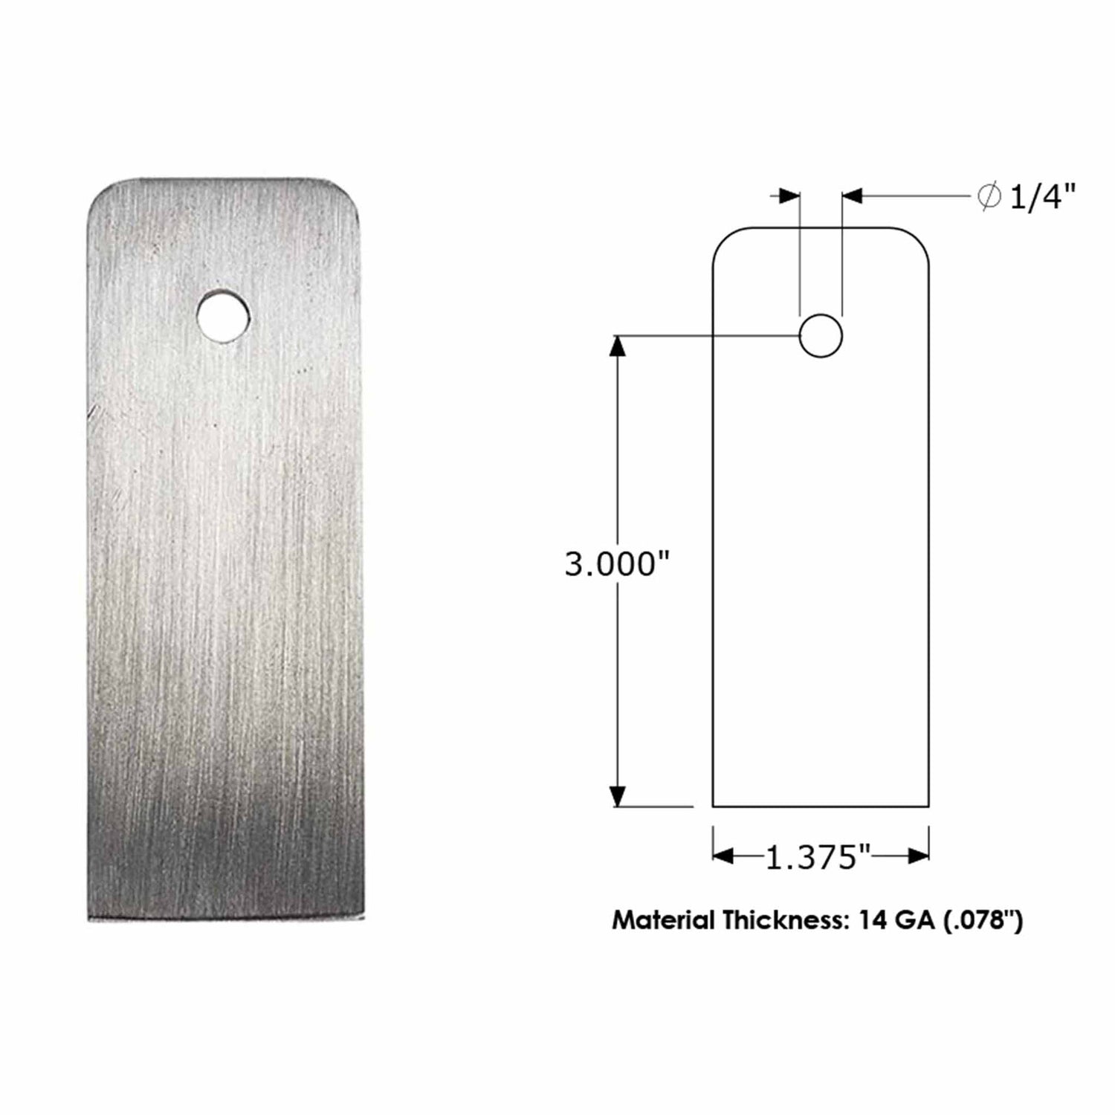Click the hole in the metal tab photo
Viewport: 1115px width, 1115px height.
[x=223, y=315]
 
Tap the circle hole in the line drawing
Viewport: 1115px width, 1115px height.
[x=821, y=336]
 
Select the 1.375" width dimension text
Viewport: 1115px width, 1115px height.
[x=818, y=859]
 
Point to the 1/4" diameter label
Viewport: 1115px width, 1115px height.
[x=1043, y=198]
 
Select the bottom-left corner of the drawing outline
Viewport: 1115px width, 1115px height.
[x=714, y=806]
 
